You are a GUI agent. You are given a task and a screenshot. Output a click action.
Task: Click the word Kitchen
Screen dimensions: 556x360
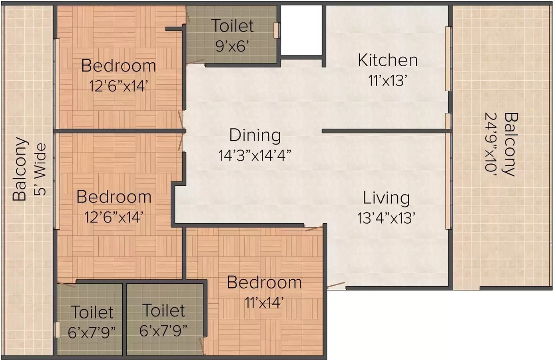[x=388, y=60]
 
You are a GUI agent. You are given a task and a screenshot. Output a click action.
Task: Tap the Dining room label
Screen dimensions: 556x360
[x=255, y=135]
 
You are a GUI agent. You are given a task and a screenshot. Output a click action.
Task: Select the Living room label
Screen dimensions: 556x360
[x=387, y=198]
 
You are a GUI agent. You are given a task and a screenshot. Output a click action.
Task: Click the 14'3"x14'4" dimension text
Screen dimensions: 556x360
[x=255, y=155]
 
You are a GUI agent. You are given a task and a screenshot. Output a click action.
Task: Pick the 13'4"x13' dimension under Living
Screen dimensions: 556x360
[x=387, y=218]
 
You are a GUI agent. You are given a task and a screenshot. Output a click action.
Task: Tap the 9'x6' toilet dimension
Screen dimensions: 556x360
[x=232, y=46]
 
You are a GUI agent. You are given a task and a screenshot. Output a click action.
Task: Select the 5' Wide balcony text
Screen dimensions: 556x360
[x=41, y=169]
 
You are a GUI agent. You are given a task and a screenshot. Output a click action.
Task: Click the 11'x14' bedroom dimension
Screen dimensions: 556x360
[x=264, y=302]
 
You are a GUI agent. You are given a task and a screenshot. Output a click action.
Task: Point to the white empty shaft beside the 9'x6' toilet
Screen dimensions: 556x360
[x=301, y=30]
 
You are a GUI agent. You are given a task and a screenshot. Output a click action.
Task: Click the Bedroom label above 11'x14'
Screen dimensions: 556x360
[x=264, y=282]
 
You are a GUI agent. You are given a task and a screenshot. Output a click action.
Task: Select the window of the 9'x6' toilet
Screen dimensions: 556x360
[x=277, y=30]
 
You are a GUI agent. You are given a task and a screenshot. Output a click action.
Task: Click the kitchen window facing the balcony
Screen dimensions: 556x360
[x=448, y=59]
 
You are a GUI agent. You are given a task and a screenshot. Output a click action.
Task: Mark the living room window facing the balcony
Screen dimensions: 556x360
[x=448, y=181]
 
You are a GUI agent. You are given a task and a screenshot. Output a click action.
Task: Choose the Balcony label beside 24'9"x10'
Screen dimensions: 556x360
[x=511, y=144]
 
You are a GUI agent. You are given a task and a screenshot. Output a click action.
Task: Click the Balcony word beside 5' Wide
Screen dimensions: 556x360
[x=19, y=169]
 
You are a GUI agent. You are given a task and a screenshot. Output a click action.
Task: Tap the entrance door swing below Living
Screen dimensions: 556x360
[x=336, y=285]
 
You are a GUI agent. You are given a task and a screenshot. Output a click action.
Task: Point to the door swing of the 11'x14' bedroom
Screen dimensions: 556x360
[x=314, y=228]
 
